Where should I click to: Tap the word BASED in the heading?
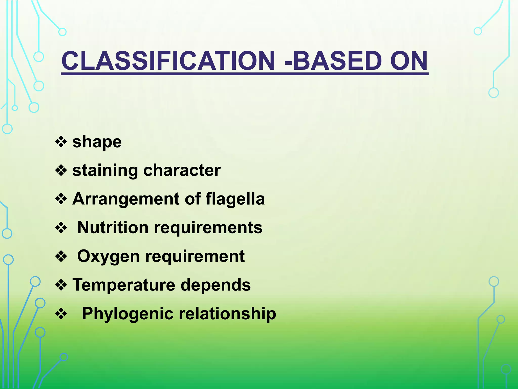[x=336, y=61]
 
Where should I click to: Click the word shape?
[x=97, y=142]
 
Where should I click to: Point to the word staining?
[x=105, y=171]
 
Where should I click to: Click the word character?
[x=182, y=170]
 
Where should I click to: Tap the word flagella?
[x=235, y=199]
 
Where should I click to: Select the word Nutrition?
[x=113, y=227]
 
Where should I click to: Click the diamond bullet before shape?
[x=61, y=142]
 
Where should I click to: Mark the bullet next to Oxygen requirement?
[x=61, y=257]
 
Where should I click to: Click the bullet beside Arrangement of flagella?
[x=61, y=199]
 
